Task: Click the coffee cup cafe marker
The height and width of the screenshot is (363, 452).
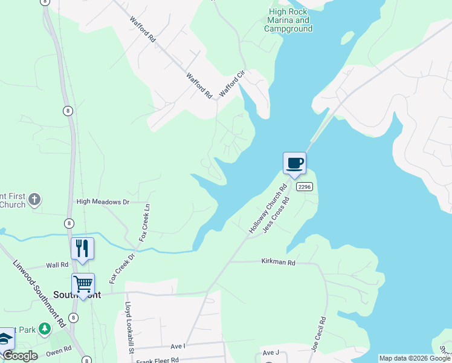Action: (x=294, y=163)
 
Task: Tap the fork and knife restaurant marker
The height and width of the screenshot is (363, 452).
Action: (x=82, y=249)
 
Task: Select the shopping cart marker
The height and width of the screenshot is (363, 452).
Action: (x=83, y=284)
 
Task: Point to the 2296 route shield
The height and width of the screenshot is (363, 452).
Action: (x=305, y=187)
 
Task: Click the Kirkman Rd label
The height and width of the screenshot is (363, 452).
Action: (x=278, y=263)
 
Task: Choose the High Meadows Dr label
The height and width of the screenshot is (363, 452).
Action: (x=103, y=201)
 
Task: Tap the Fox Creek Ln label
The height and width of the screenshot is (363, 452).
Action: (x=146, y=223)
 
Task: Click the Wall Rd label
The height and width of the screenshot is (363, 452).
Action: (x=58, y=266)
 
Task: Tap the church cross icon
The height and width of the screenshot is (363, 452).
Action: (x=35, y=198)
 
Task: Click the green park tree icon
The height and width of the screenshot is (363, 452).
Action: (x=44, y=329)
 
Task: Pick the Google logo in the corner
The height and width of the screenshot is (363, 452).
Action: (x=19, y=356)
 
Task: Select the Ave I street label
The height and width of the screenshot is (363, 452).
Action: (x=177, y=346)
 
